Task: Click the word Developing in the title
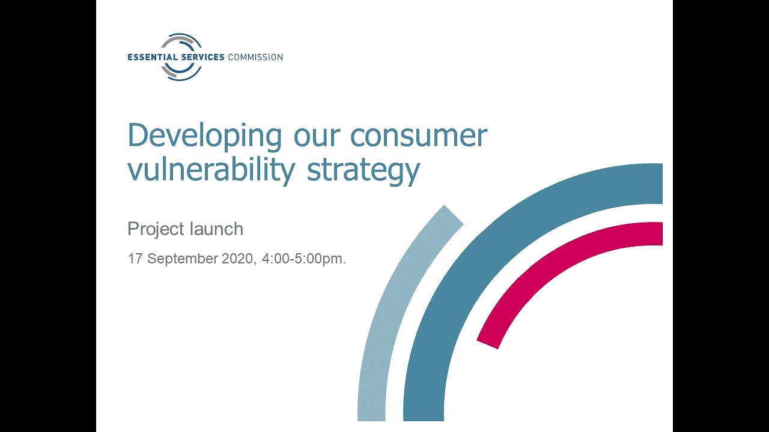pos(205,136)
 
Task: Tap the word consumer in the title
pos(419,136)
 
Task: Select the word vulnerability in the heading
pos(211,170)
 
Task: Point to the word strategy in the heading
pos(363,171)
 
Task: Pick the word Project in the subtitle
pos(156,229)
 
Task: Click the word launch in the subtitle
pos(216,229)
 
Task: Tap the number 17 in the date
pos(135,259)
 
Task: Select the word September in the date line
pos(183,259)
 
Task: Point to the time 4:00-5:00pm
pos(304,259)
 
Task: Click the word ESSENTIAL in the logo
pos(153,57)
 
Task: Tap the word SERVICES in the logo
pos(203,57)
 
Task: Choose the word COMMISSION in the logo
pos(255,57)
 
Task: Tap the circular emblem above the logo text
pos(181,42)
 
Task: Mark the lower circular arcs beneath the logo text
pos(181,73)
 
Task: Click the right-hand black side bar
pos(721,216)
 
